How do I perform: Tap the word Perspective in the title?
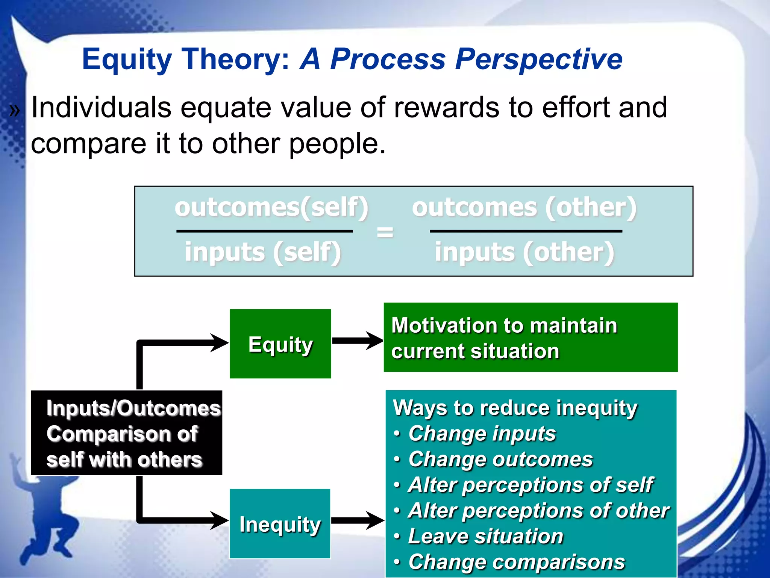pos(538,59)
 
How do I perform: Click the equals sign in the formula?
pos(385,232)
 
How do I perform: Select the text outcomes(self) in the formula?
pos(271,208)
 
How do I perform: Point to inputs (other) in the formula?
pos(524,252)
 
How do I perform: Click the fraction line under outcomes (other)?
pos(526,231)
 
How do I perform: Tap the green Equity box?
pos(280,344)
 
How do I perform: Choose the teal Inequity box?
pos(280,524)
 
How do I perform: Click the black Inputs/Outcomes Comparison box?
pos(126,433)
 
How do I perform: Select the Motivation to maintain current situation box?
pos(530,338)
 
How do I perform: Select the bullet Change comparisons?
pos(516,562)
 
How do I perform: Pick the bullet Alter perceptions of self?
pos(530,485)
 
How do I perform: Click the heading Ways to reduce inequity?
pos(515,408)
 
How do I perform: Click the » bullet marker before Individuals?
pos(14,111)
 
